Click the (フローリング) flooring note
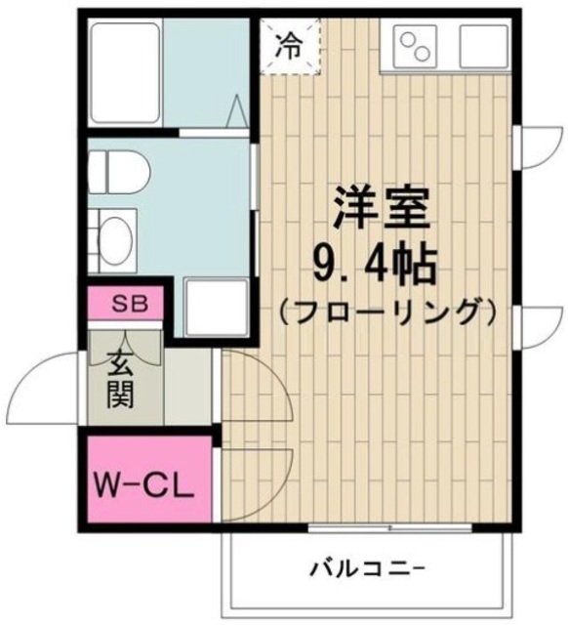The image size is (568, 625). pos(383,312)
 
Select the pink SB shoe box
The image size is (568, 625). pos(130,304)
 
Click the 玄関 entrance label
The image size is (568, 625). pos(121,377)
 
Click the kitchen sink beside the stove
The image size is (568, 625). pos(482,44)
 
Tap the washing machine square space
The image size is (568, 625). pos(217,308)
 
